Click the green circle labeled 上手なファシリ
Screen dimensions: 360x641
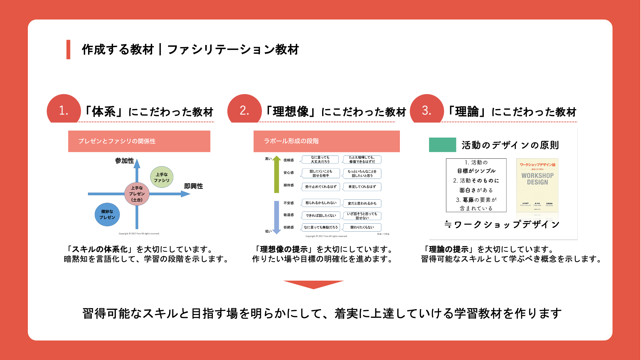162,177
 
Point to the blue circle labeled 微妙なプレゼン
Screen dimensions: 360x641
107,214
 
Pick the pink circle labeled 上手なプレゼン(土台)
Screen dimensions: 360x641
137,194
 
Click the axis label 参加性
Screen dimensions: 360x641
125,161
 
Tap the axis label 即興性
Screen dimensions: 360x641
193,186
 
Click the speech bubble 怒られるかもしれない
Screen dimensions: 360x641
321,203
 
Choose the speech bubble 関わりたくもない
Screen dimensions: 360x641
362,227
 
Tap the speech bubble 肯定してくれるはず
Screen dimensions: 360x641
362,187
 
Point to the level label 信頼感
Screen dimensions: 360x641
288,160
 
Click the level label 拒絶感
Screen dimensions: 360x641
288,227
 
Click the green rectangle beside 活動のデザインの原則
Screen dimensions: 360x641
442,145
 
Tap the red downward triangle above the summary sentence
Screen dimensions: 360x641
313,284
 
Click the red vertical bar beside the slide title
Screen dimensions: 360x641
68,50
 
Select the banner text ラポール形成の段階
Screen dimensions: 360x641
291,141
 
